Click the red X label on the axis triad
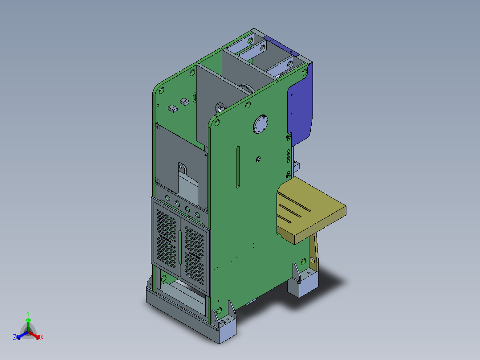click(x=41, y=338)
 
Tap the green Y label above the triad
click(x=28, y=313)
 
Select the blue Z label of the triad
click(x=15, y=337)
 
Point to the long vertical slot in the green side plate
click(x=238, y=167)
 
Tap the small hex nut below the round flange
click(x=258, y=159)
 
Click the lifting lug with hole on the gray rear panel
click(x=183, y=168)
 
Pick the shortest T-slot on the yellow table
click(x=285, y=218)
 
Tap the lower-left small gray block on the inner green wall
click(x=171, y=108)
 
